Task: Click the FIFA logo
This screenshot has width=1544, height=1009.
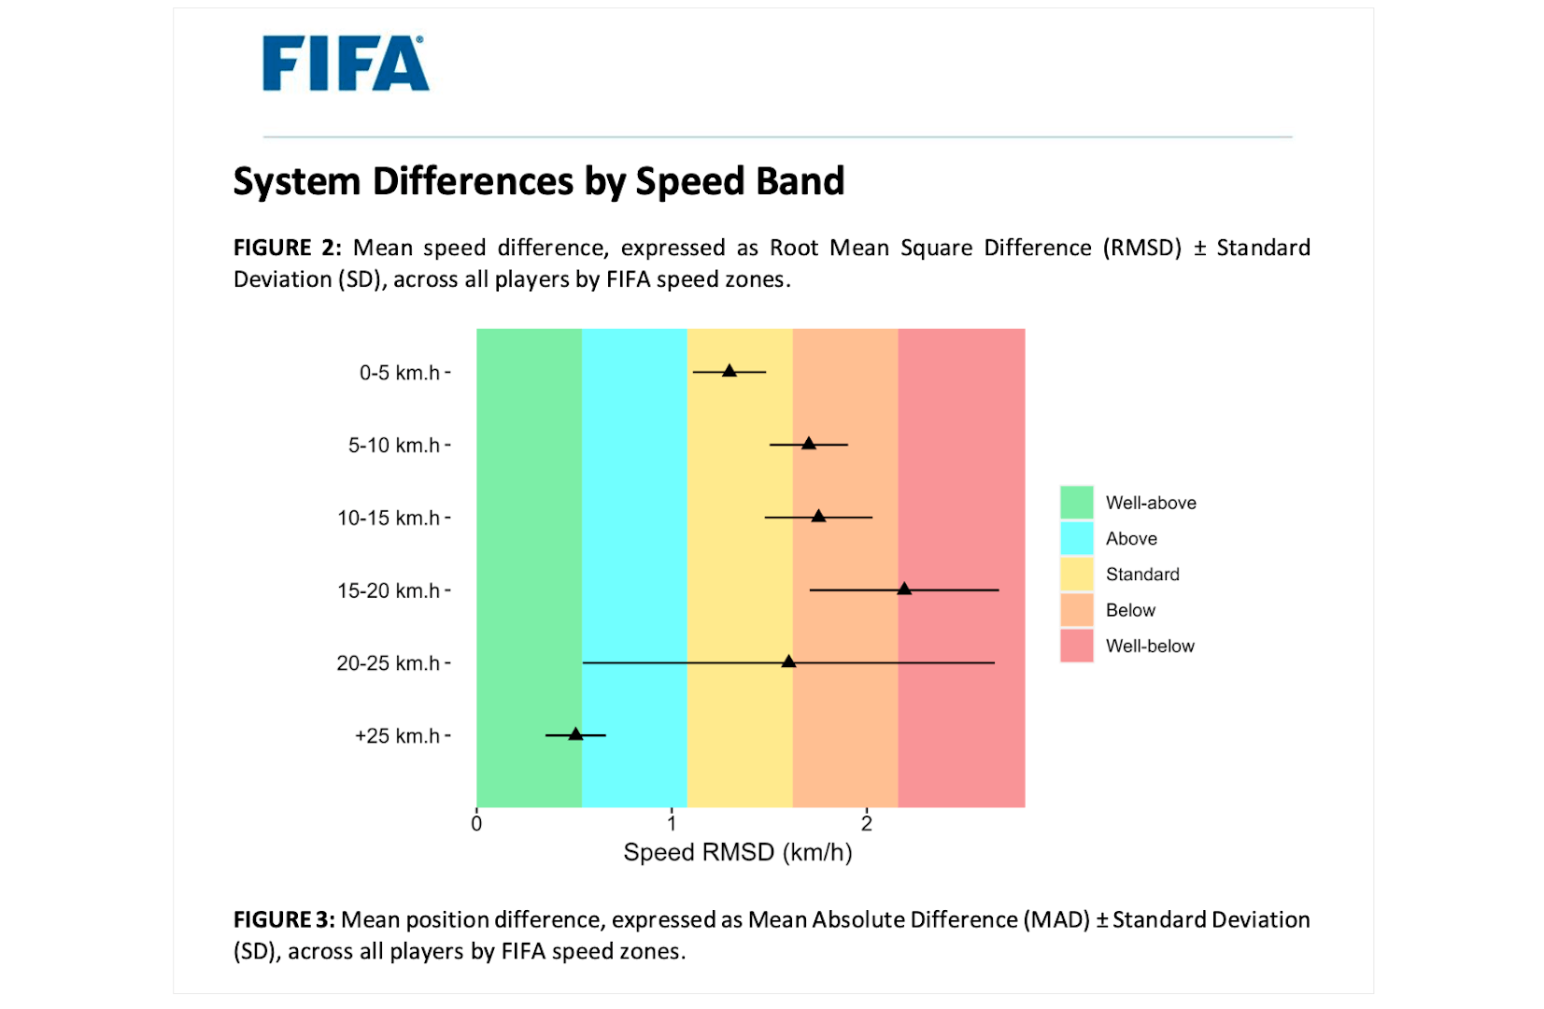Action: click(x=346, y=64)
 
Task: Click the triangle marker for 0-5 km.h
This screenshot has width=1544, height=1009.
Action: click(x=730, y=371)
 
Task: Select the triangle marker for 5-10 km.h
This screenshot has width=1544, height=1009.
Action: click(x=809, y=443)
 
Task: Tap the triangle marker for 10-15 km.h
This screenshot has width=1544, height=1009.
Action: click(x=818, y=516)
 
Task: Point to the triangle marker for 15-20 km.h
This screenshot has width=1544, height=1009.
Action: click(x=904, y=589)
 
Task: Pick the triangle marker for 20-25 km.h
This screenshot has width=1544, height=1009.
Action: click(x=788, y=661)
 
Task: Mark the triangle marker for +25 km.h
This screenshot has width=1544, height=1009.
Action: click(x=575, y=734)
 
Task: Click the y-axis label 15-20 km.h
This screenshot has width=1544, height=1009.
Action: click(x=389, y=590)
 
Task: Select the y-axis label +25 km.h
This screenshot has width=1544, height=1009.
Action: click(x=397, y=736)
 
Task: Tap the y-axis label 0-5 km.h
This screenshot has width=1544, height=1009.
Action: click(x=400, y=373)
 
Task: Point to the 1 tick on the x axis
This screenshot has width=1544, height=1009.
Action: click(x=672, y=823)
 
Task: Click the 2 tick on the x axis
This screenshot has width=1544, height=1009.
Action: click(x=867, y=823)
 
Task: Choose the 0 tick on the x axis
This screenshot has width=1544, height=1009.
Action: click(x=476, y=823)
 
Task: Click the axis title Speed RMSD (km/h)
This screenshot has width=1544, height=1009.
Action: click(x=738, y=852)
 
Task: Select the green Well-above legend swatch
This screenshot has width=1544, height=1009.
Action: click(x=1076, y=503)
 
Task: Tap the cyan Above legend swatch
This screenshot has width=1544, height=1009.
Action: click(x=1076, y=538)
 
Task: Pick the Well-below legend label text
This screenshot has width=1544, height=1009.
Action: click(x=1150, y=646)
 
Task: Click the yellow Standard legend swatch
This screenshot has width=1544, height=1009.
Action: click(x=1076, y=574)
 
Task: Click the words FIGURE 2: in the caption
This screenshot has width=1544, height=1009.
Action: click(x=287, y=248)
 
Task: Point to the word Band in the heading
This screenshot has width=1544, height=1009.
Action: click(x=800, y=181)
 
